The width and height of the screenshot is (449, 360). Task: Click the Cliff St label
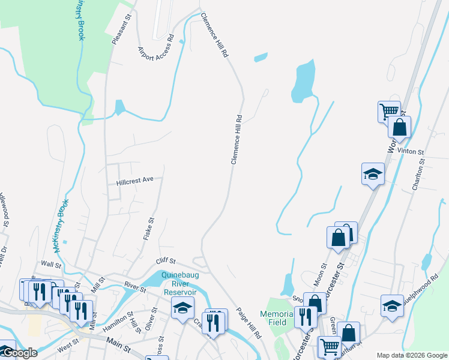tap(165, 261)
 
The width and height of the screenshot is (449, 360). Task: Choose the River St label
tap(135, 286)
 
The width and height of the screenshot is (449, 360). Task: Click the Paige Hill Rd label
tap(249, 323)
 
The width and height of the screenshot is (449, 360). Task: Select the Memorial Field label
tap(277, 318)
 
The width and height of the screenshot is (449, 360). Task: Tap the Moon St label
tap(320, 274)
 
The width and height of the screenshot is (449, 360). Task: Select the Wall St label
tap(52, 264)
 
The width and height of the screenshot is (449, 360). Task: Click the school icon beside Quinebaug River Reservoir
tap(182, 308)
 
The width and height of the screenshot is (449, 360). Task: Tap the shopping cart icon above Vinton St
tap(389, 111)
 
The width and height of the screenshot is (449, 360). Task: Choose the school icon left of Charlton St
tap(373, 174)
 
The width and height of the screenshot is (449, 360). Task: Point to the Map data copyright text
tap(411, 355)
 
